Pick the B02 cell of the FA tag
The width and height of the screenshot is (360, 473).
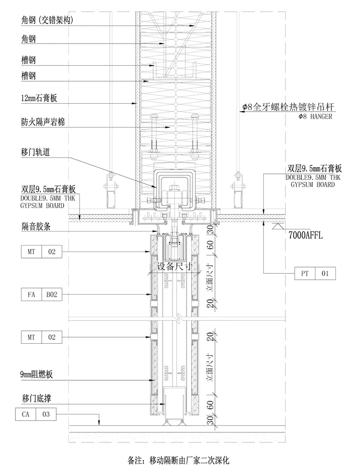[x=52, y=294]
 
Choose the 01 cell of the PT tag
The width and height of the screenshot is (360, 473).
[x=325, y=274]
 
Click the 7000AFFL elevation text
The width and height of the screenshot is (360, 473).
[x=306, y=234]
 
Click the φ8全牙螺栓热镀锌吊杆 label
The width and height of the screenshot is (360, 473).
[x=288, y=107]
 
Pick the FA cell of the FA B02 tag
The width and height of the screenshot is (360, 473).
[x=31, y=294]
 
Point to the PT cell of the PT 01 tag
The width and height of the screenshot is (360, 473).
[x=305, y=274]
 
